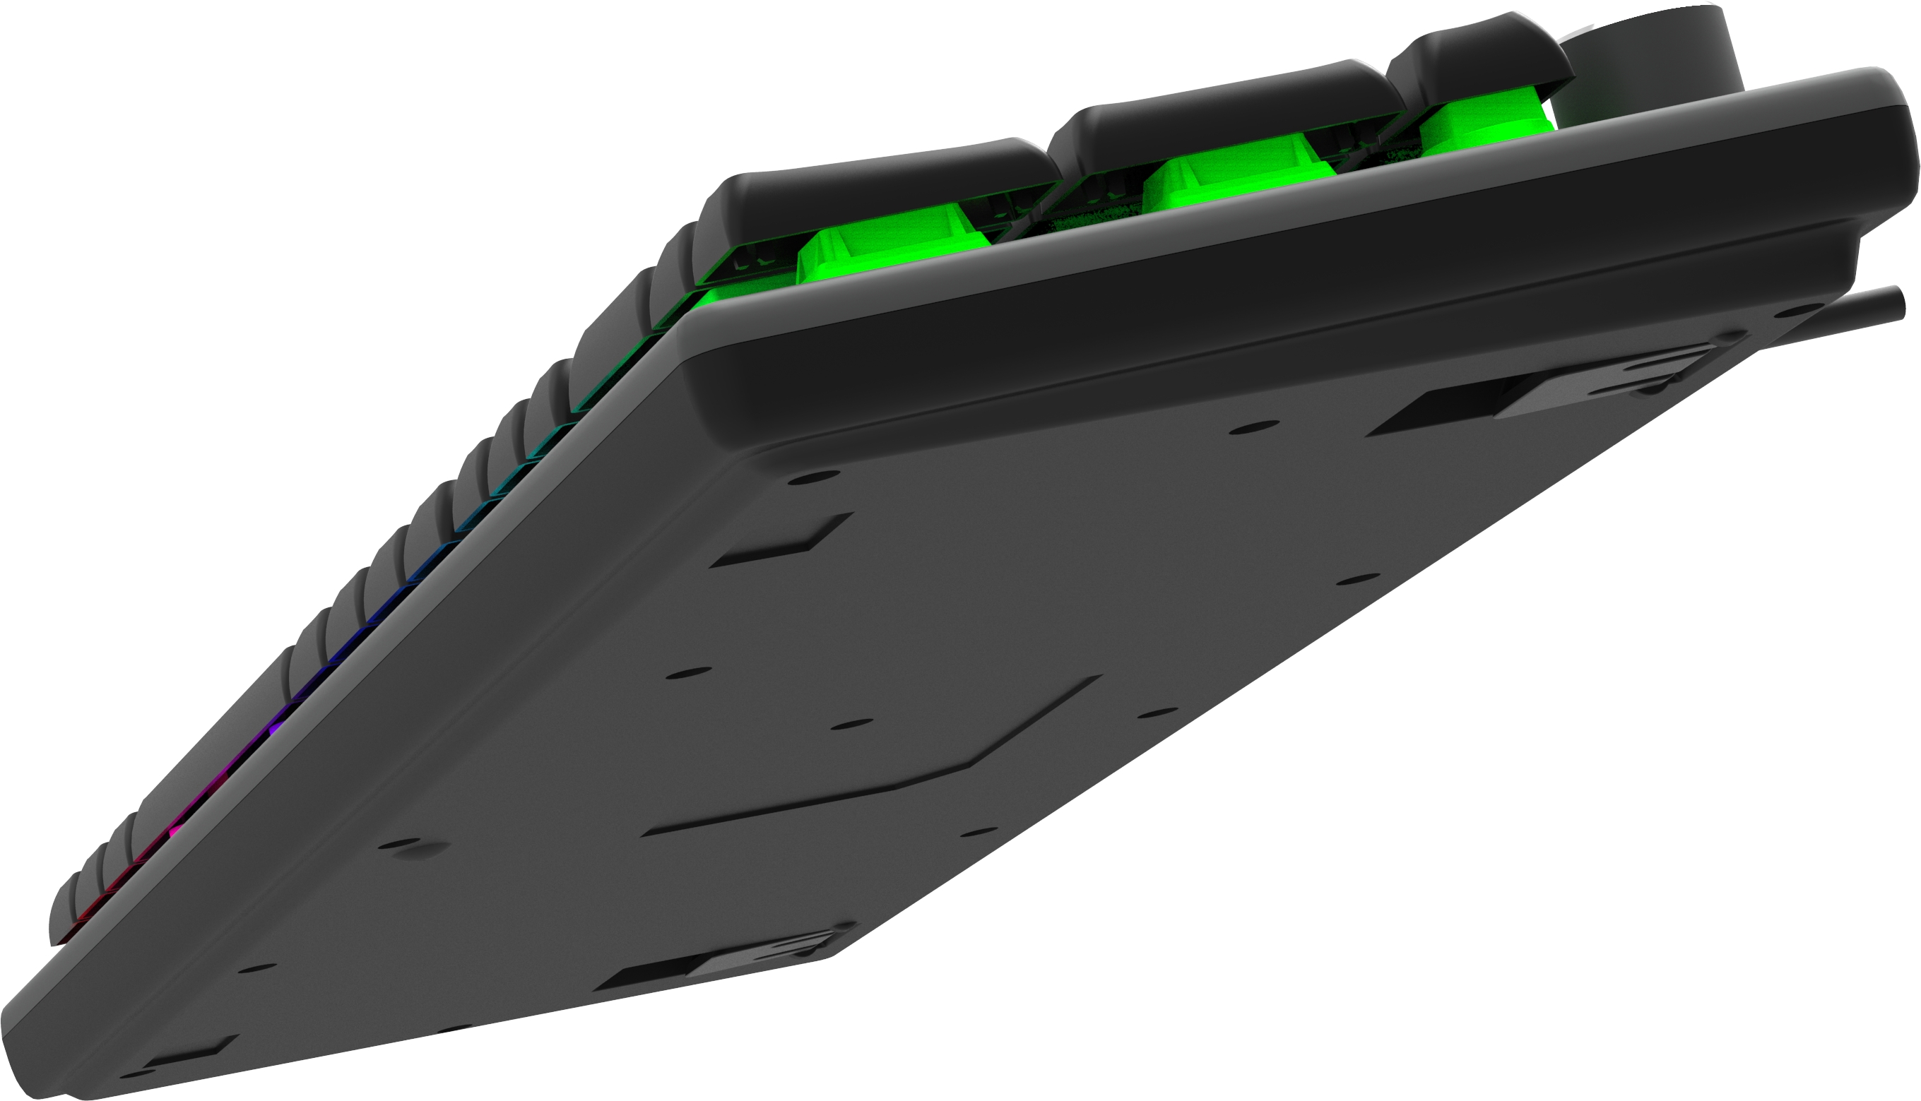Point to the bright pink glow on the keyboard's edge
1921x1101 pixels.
[x=175, y=833]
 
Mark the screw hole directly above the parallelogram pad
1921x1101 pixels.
[x=808, y=477]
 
